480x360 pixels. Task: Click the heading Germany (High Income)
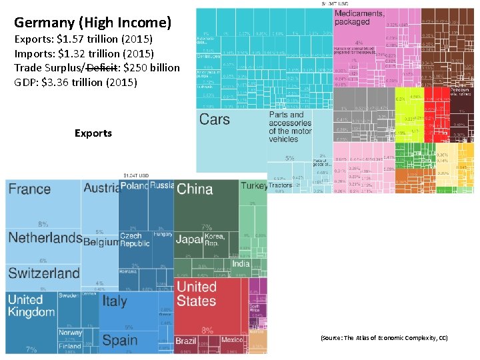[x=93, y=23]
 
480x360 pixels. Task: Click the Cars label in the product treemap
[x=215, y=119]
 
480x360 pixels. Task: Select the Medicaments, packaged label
[x=360, y=17]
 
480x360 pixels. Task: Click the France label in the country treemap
[x=29, y=189]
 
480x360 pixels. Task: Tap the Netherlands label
[x=45, y=238]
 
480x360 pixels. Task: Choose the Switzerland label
[x=44, y=273]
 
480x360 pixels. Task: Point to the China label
[x=195, y=189]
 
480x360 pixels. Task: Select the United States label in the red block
[x=197, y=294]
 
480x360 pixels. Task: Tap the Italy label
[x=115, y=301]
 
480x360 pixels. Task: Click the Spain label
[x=120, y=341]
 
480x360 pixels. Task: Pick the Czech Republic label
[x=135, y=239]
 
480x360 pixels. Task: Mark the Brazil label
[x=186, y=341]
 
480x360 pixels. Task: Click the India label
[x=241, y=263]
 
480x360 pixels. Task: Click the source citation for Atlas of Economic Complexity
[x=384, y=338]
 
